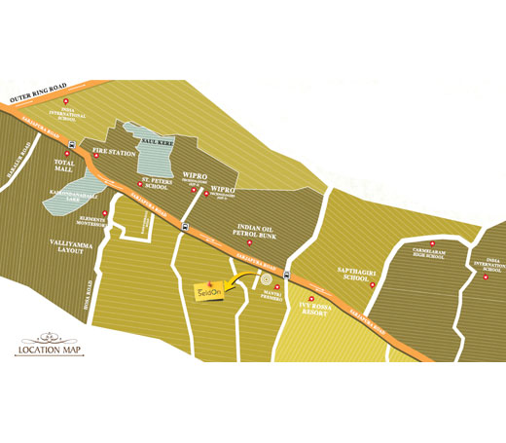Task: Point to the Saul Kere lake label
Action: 158,142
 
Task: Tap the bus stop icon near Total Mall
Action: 72,147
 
